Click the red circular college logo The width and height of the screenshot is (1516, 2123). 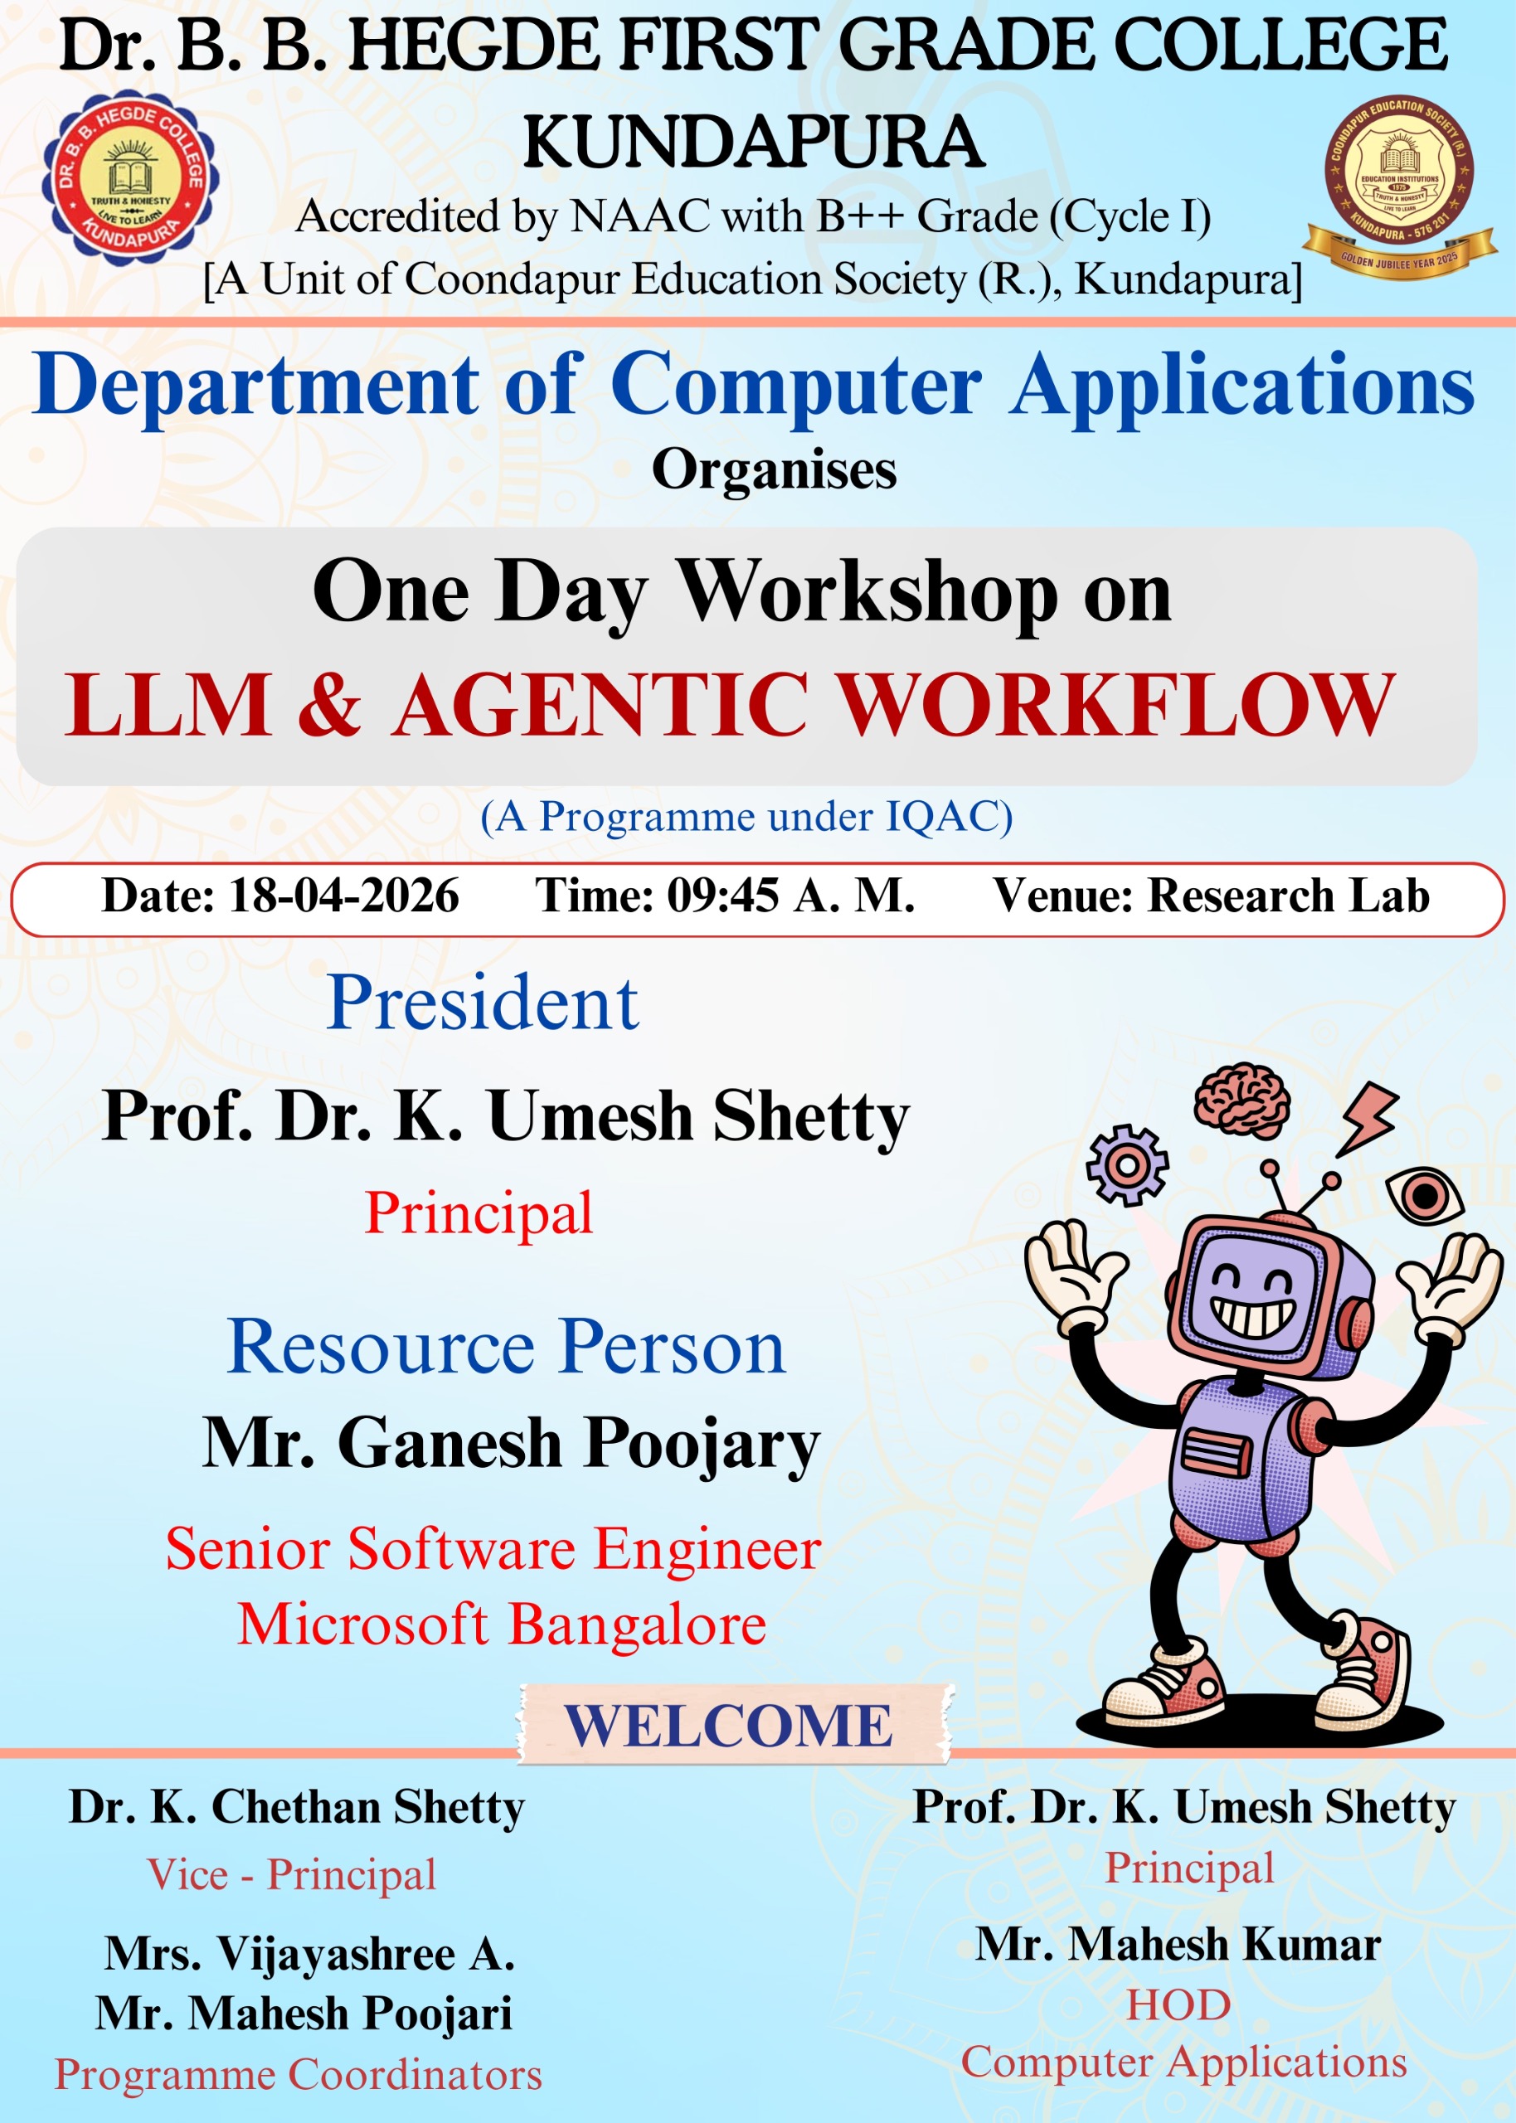click(131, 178)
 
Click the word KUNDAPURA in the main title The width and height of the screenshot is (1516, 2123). click(753, 143)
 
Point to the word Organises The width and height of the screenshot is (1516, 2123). click(774, 469)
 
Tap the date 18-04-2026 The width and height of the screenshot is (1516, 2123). click(343, 896)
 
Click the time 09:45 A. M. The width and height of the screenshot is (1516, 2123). click(790, 896)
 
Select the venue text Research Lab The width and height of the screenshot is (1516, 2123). click(1288, 896)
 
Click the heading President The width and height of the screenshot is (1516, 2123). click(483, 1003)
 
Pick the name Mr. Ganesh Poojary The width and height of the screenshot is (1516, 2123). click(512, 1444)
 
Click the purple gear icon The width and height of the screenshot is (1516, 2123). click(1127, 1164)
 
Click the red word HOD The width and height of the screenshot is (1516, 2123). click(1179, 2004)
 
